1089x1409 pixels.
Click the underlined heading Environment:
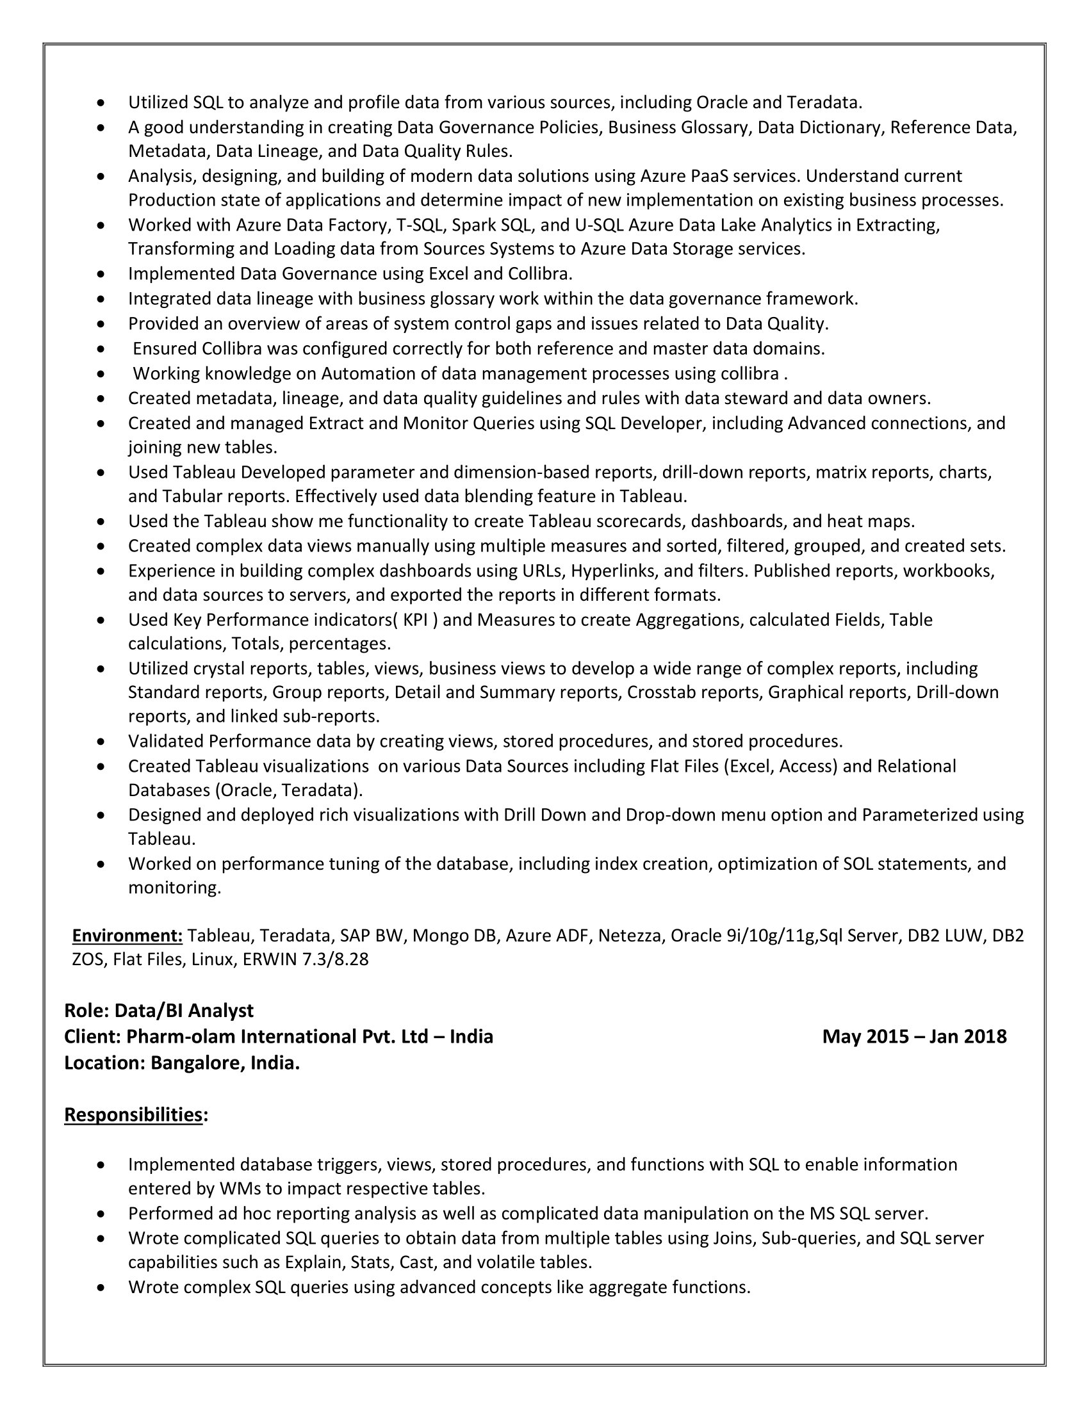[x=127, y=936]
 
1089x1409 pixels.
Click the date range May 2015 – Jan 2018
[x=914, y=1037]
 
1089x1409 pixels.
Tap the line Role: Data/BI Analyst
[x=159, y=1010]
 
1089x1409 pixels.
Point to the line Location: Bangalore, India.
[x=182, y=1063]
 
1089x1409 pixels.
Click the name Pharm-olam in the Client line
[x=181, y=1037]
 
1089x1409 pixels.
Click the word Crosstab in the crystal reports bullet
[x=661, y=692]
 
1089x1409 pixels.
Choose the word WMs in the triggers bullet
[x=240, y=1188]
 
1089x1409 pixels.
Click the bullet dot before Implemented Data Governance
[x=101, y=275]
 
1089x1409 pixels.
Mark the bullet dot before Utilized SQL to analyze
[x=101, y=103]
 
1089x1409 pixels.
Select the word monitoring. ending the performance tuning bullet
[x=174, y=888]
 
